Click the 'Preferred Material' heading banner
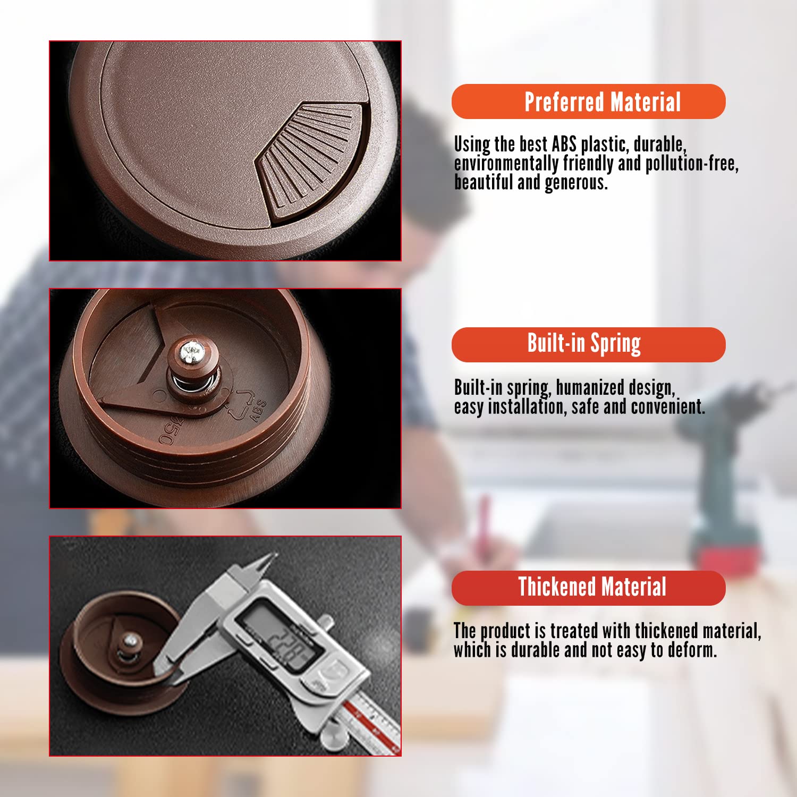(x=588, y=101)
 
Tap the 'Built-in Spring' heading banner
(x=588, y=345)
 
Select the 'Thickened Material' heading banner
(x=588, y=588)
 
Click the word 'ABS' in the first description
(x=564, y=144)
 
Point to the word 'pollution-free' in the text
(x=691, y=163)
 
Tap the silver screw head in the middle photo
(x=190, y=352)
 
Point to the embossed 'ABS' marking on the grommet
(x=259, y=411)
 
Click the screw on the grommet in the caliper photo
(x=130, y=641)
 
